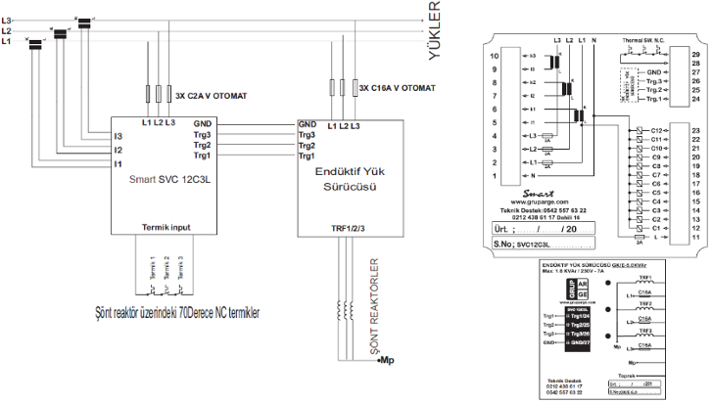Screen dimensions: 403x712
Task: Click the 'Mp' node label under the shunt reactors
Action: [388, 359]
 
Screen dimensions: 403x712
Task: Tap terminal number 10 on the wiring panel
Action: [495, 57]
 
